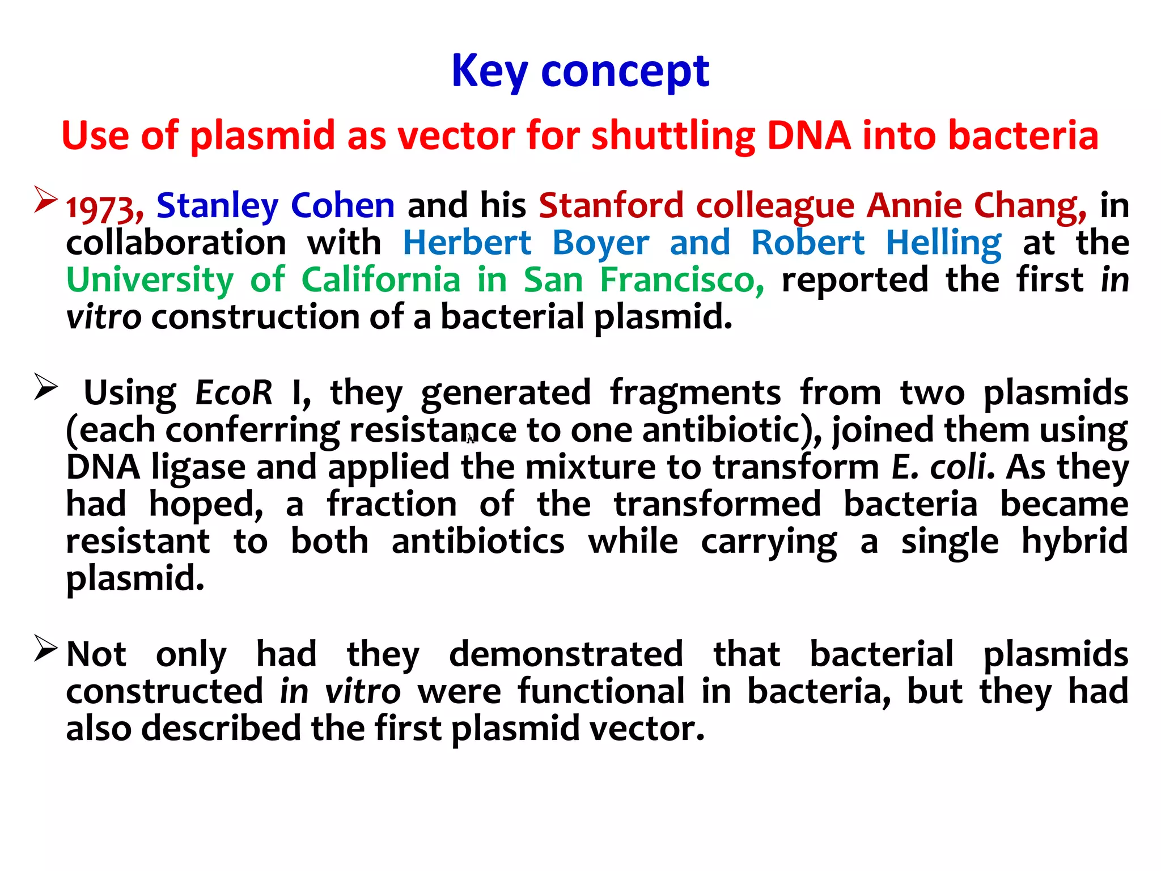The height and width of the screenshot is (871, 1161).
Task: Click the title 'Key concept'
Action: click(x=580, y=71)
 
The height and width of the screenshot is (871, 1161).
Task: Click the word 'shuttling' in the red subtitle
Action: click(x=673, y=136)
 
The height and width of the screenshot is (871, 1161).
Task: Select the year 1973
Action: click(x=104, y=207)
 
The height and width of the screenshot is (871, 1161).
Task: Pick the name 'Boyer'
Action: click(x=600, y=243)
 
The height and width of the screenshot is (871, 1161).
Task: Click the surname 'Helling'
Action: click(x=943, y=243)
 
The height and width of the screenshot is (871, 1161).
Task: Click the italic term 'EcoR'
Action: click(x=234, y=392)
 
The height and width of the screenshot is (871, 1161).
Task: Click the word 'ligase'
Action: click(x=198, y=468)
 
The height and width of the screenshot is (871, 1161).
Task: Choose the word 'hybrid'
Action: click(x=1074, y=541)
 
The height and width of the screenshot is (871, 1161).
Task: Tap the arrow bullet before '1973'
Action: click(x=45, y=199)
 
